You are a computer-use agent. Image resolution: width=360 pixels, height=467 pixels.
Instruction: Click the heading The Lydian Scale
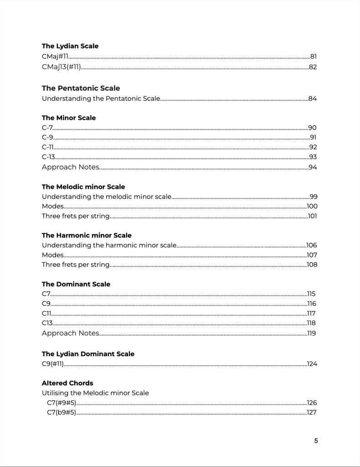click(x=70, y=46)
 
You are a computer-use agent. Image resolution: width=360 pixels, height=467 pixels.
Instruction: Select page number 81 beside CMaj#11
click(x=313, y=57)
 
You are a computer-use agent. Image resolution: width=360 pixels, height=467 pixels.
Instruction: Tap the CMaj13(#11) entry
click(x=62, y=67)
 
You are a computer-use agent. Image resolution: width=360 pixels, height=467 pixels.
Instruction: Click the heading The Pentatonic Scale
click(x=81, y=88)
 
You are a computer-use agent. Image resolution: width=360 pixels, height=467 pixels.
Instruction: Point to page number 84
click(x=313, y=99)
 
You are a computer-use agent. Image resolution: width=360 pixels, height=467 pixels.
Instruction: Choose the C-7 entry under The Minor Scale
click(x=47, y=128)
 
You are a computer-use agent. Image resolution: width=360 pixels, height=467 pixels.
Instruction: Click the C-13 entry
click(x=48, y=157)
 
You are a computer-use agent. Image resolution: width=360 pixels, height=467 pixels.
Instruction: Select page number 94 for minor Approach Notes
click(x=313, y=167)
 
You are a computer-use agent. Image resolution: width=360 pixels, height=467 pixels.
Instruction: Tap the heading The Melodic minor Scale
click(x=83, y=187)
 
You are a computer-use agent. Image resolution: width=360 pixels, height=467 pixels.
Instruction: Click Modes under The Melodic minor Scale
click(x=52, y=206)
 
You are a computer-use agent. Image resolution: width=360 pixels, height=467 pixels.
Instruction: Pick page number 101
click(x=313, y=216)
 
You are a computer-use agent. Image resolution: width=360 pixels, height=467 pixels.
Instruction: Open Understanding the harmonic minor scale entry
click(x=109, y=245)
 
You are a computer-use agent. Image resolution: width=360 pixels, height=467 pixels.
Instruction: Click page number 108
click(x=312, y=265)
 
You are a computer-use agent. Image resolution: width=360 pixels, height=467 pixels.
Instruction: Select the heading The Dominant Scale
click(x=76, y=284)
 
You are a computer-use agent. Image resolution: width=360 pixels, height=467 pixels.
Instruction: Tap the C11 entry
click(x=46, y=313)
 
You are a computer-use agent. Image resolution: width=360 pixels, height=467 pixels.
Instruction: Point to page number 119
click(x=312, y=333)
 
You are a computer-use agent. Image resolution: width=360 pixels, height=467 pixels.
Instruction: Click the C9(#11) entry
click(x=52, y=364)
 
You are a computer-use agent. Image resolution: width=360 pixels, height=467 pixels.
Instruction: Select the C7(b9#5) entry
click(x=61, y=413)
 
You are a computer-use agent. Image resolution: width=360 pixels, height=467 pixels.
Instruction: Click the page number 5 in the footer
click(x=316, y=441)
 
